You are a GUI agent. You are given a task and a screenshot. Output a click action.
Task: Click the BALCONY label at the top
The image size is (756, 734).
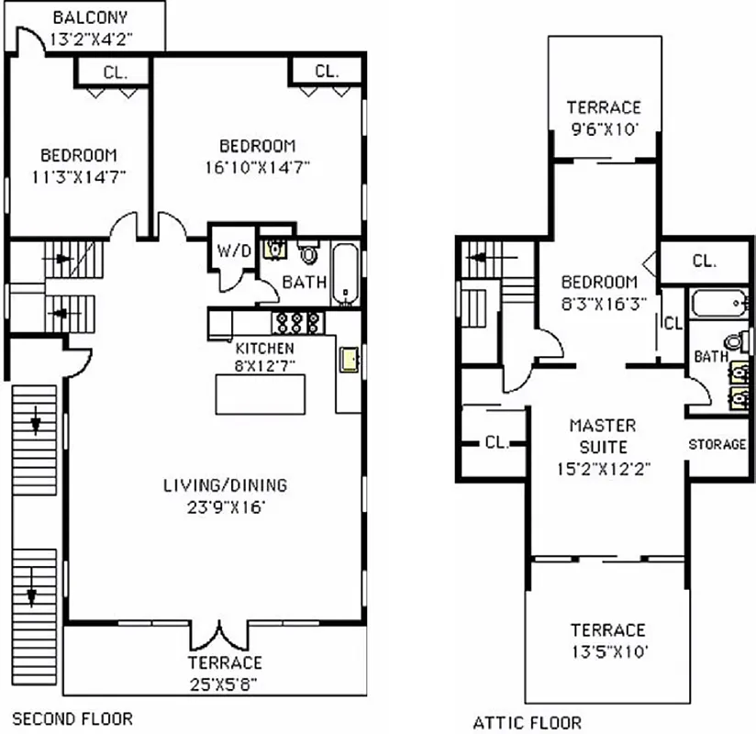tap(90, 17)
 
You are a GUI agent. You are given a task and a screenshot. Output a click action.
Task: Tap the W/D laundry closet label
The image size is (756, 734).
tap(228, 250)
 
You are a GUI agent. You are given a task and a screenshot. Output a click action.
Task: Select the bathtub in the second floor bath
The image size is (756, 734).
tap(345, 272)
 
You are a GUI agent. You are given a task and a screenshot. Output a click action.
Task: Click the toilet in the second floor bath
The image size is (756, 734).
tap(308, 252)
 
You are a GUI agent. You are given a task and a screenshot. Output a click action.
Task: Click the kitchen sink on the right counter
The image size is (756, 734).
tap(349, 360)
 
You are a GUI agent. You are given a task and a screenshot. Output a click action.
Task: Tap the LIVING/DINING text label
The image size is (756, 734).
tap(226, 485)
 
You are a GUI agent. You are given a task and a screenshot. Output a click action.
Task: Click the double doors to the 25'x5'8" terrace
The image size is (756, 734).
tap(220, 635)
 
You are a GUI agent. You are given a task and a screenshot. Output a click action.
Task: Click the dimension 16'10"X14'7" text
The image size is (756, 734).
tap(257, 167)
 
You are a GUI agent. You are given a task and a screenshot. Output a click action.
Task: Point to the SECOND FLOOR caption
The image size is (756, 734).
tap(72, 718)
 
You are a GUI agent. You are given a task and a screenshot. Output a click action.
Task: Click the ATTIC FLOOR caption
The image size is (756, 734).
tap(527, 722)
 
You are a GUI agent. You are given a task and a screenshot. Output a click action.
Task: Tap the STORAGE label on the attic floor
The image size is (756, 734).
tap(717, 444)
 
